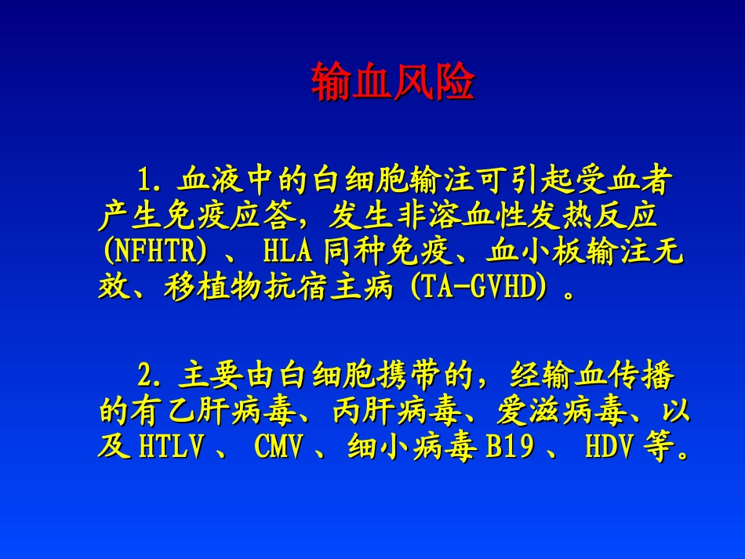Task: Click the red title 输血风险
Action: click(393, 82)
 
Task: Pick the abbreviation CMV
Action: click(279, 447)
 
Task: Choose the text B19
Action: click(510, 447)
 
